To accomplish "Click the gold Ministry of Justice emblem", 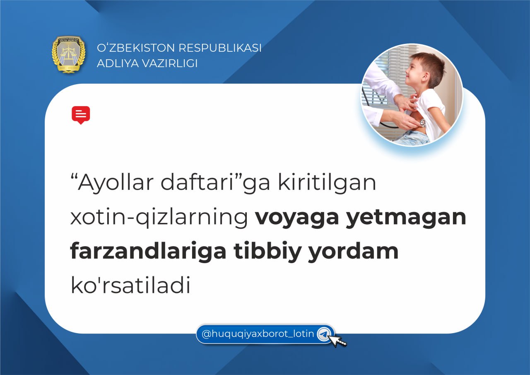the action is pos(69,54).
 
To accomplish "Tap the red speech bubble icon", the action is pos(81,115).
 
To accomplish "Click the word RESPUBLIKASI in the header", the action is pos(220,48).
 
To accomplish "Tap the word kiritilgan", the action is pos(327,182).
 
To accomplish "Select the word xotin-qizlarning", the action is pos(159,217).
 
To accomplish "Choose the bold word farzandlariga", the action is pos(148,252).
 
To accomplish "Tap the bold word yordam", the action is pos(354,252).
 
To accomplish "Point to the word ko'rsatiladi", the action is pos(130,285).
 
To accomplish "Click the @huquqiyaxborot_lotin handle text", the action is pos(258,334).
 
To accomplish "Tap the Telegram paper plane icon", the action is pos(323,334).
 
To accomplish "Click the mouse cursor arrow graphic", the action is pos(338,341).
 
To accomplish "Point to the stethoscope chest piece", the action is pos(423,122).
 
